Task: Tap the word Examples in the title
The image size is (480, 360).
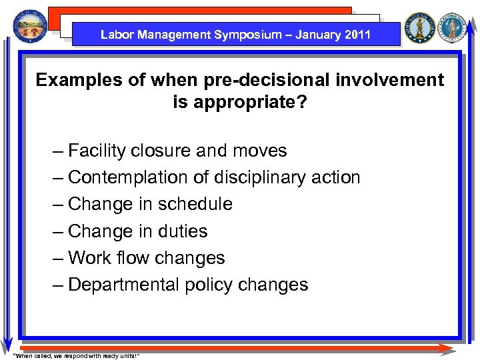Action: tap(75, 81)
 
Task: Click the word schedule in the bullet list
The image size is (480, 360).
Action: tap(200, 205)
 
